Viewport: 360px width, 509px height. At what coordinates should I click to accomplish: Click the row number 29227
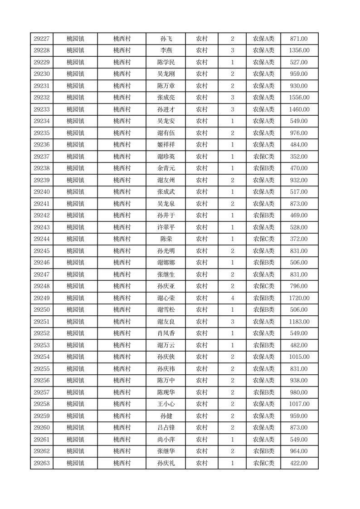click(x=42, y=39)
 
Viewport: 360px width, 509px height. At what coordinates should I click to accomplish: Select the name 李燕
click(x=166, y=51)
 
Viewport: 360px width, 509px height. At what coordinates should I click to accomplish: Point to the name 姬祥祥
click(x=166, y=145)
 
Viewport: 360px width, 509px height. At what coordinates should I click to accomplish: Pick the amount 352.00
click(x=299, y=157)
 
